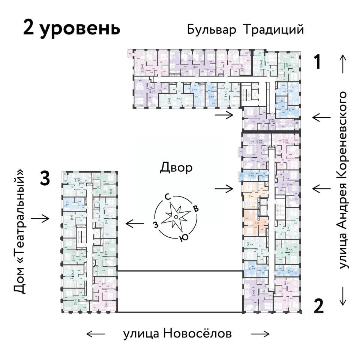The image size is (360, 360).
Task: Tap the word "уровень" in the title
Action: tap(81, 28)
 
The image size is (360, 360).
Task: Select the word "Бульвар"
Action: tap(211, 30)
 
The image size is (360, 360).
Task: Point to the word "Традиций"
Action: tap(273, 30)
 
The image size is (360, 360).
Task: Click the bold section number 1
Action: tap(318, 62)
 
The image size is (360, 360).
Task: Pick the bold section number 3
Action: tap(45, 179)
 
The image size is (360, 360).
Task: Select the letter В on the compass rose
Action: tap(195, 208)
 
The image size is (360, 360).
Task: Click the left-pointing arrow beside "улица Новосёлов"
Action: tap(96, 333)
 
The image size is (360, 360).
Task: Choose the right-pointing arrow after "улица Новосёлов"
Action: tap(260, 333)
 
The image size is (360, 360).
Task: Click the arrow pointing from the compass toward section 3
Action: tap(135, 224)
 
